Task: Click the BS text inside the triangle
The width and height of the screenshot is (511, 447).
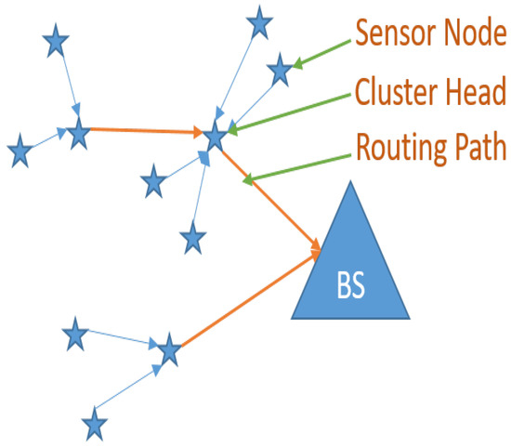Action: click(x=350, y=284)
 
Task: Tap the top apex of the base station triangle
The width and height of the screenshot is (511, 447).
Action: click(x=350, y=180)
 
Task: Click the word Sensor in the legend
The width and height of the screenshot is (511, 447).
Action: click(x=389, y=33)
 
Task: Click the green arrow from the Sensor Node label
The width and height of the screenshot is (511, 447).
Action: click(x=321, y=55)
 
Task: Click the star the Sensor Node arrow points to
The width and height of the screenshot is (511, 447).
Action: click(x=279, y=70)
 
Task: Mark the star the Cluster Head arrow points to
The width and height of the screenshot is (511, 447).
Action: click(x=216, y=138)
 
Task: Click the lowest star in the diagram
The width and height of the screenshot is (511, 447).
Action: click(x=94, y=425)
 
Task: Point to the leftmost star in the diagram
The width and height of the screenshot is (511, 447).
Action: click(x=19, y=151)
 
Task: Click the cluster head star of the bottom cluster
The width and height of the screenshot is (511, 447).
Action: click(x=168, y=351)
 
